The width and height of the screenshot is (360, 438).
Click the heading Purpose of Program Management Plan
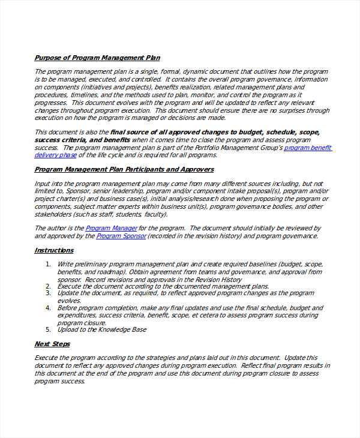coord(97,58)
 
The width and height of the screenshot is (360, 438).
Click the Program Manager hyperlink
coord(112,228)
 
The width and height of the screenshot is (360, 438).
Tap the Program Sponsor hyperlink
coord(121,236)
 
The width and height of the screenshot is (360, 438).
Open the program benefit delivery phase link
coord(307,148)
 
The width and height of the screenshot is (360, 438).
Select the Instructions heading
coord(54,250)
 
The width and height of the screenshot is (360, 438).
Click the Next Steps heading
coord(52,344)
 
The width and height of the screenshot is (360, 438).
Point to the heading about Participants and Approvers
coord(124,169)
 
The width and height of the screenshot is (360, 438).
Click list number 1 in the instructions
coord(48,264)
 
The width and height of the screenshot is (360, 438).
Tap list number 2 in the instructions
coord(48,286)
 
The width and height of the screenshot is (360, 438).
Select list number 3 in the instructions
coord(48,293)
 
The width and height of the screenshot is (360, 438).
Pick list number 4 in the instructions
coord(48,308)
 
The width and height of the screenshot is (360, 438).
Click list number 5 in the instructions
coord(48,329)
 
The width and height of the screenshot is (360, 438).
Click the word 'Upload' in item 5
coord(68,329)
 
